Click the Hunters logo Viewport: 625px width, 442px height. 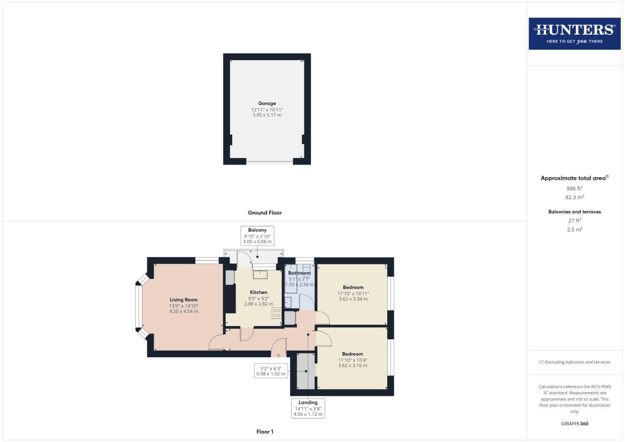574,34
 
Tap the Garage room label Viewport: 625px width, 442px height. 267,104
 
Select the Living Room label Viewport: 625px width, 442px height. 184,300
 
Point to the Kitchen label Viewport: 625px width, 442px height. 259,292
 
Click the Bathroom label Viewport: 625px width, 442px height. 299,273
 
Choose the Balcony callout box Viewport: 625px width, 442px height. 257,236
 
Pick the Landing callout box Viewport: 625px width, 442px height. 308,408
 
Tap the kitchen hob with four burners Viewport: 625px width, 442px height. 277,313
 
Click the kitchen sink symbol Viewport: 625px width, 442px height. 260,274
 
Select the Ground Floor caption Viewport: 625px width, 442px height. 264,213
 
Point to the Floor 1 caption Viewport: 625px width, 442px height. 264,432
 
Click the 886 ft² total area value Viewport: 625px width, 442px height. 575,189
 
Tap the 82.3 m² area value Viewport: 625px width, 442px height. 575,197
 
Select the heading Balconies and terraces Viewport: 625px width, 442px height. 575,212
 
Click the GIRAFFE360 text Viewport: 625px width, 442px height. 575,424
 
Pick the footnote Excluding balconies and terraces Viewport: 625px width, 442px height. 575,362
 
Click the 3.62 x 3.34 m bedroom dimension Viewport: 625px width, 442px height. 353,299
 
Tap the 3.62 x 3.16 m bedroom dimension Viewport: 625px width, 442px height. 352,366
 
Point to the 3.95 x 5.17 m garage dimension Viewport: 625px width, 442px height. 267,115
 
